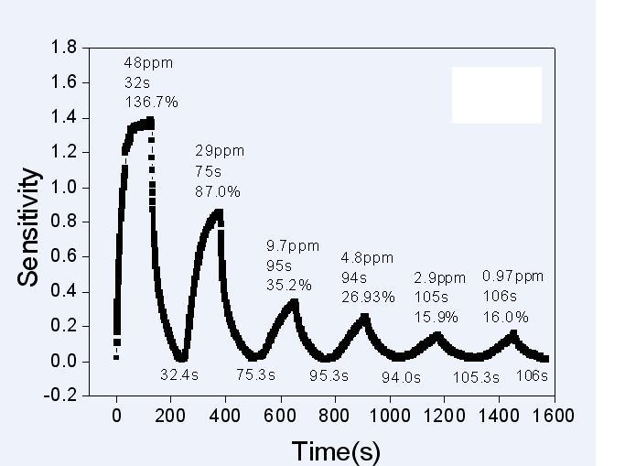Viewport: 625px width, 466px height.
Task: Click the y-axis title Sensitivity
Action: [x=28, y=227]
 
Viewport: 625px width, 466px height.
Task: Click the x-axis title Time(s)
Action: [x=336, y=450]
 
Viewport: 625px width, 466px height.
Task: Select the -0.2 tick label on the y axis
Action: [x=63, y=396]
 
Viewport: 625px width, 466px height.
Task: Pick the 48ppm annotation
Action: [x=147, y=63]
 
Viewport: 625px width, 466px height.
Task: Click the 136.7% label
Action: [x=151, y=99]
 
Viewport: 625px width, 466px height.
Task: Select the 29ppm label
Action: [x=220, y=150]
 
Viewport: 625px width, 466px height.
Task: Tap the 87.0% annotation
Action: [x=218, y=191]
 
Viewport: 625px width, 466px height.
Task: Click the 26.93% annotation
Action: [x=368, y=297]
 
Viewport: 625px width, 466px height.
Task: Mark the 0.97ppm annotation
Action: [x=512, y=276]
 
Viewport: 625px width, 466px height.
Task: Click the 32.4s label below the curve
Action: [x=179, y=374]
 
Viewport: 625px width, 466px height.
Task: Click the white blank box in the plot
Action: [x=497, y=94]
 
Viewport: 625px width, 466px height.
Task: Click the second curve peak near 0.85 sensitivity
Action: [x=218, y=212]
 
